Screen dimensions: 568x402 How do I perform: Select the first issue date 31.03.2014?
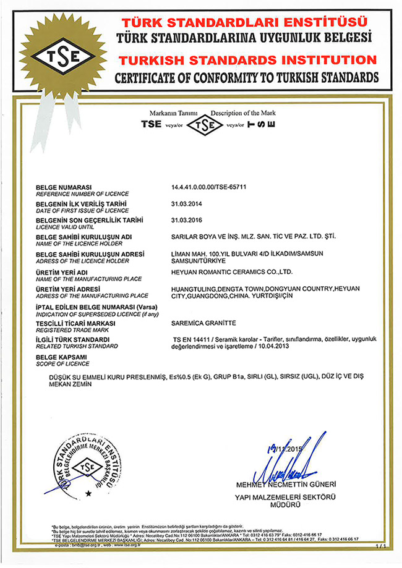tap(186, 203)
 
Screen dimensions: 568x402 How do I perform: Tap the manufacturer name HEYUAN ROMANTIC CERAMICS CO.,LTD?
tap(231, 271)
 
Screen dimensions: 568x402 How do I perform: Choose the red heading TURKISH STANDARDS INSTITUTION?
tap(247, 61)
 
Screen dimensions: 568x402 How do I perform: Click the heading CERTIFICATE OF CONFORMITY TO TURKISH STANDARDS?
tap(246, 78)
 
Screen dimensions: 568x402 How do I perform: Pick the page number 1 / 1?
tap(379, 547)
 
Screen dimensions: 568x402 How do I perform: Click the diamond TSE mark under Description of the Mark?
tap(205, 125)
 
